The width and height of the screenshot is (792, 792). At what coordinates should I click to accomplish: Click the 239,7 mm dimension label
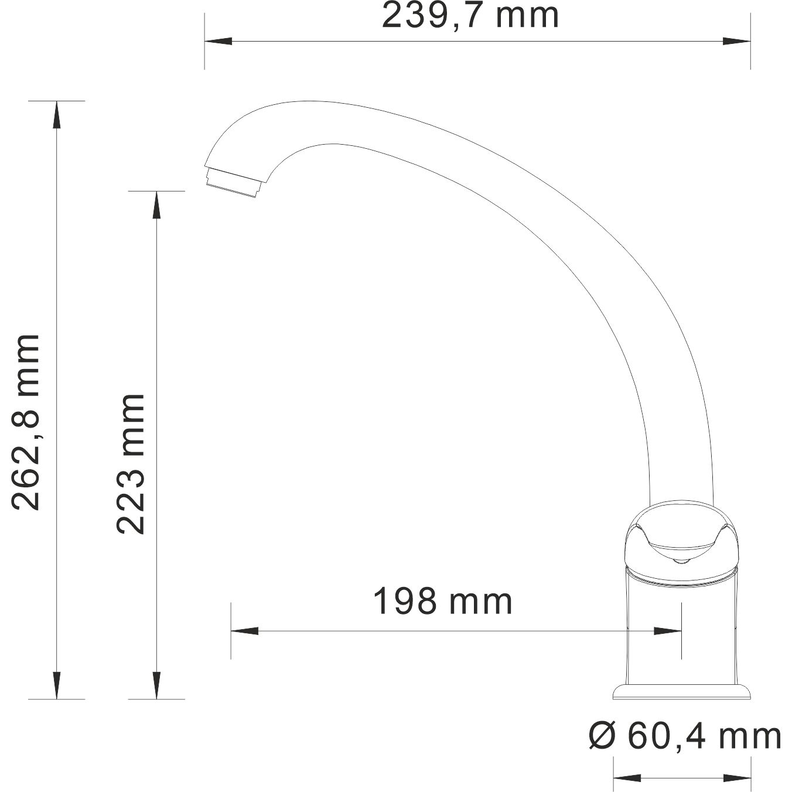pos(470,16)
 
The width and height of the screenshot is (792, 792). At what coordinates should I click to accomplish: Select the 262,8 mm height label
pos(26,422)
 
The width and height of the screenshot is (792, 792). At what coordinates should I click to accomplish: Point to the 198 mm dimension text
pos(443,602)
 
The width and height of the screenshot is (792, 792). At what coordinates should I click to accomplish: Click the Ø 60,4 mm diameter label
pos(685,736)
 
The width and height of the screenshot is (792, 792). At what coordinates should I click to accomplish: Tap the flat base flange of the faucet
pos(682,692)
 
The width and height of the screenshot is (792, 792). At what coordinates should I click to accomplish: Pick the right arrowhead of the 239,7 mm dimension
pos(737,41)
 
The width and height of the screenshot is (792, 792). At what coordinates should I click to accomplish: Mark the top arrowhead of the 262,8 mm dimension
pos(56,114)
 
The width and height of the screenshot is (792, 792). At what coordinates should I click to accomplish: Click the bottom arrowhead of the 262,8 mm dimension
pos(56,685)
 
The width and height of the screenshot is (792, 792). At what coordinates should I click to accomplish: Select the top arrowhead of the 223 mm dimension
pos(156,205)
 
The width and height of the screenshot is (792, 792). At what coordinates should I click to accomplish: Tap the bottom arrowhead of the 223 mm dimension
pos(156,685)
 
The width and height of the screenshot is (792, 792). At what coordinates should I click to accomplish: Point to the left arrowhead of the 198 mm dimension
pos(245,631)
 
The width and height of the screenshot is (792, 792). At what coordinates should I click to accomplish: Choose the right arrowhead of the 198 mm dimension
pos(668,631)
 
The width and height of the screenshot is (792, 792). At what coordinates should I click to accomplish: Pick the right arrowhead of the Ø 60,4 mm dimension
pos(737,779)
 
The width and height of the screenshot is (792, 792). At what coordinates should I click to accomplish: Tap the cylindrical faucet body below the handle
pos(682,633)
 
